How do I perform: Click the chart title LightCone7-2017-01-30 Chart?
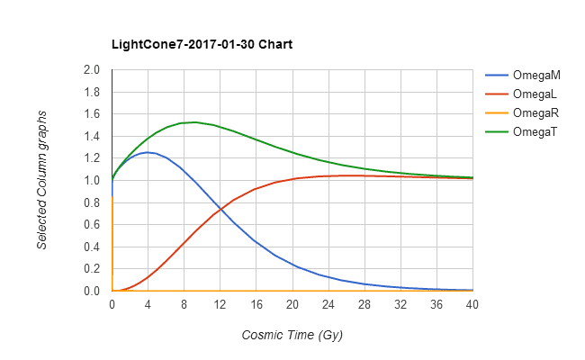tap(201, 44)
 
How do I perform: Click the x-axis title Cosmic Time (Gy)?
tap(292, 335)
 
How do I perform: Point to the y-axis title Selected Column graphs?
tap(42, 180)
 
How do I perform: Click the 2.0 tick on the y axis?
tap(91, 70)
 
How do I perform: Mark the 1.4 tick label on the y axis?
tap(91, 137)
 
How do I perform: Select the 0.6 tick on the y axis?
tap(91, 225)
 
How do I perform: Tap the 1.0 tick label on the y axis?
tap(91, 181)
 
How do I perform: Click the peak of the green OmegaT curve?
tap(193, 122)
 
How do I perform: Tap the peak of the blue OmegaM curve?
tap(147, 152)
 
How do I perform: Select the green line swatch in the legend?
tap(496, 132)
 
